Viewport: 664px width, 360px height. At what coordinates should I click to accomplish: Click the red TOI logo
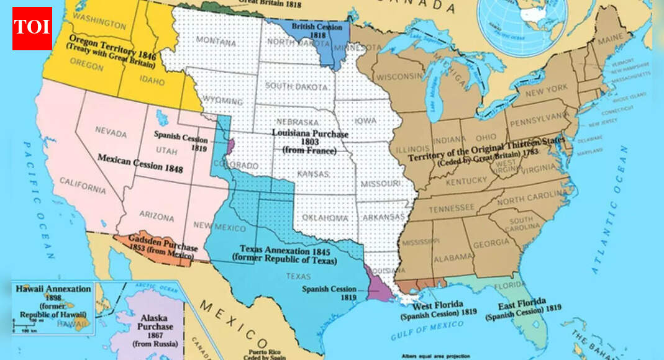pos(32,29)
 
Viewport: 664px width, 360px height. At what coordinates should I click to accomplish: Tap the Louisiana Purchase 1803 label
pos(310,142)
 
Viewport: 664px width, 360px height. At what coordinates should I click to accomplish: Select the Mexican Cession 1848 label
pos(140,163)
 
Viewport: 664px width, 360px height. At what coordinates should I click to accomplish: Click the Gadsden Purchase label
pos(163,246)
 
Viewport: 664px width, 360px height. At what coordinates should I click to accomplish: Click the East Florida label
pos(522,307)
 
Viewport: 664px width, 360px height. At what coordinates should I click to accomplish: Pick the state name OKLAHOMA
pos(325,218)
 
